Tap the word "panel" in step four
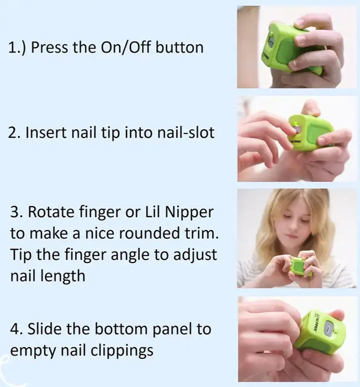coord(172,329)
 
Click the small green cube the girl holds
coord(301,265)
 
